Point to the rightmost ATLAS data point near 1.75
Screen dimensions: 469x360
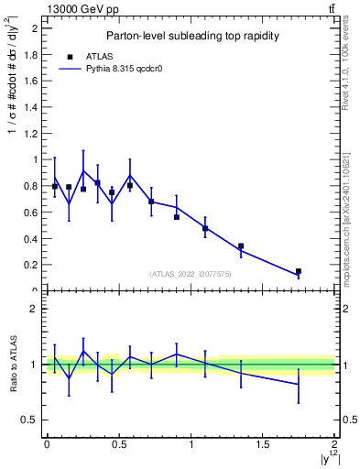[299, 271]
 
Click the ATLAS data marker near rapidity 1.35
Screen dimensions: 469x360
[241, 245]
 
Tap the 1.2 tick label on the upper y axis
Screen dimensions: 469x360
[35, 133]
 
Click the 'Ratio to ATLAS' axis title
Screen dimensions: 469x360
[13, 365]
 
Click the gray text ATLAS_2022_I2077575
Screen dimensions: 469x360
[191, 273]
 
